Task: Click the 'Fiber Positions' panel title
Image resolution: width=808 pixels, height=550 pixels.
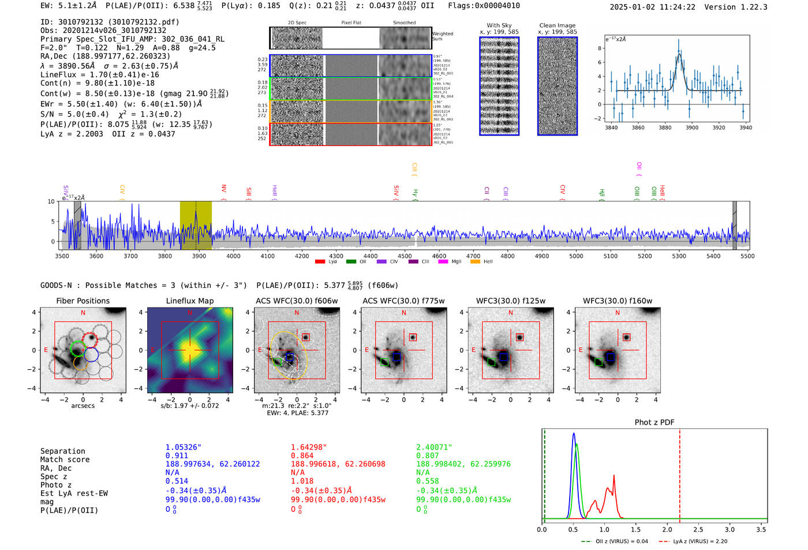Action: [83, 301]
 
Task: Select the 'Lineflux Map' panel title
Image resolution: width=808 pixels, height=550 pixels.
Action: [189, 301]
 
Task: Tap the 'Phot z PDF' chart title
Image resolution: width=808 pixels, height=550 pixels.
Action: [654, 422]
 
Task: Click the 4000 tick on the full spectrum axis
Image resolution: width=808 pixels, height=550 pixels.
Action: [233, 256]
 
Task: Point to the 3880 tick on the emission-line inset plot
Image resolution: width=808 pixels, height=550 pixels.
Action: [665, 128]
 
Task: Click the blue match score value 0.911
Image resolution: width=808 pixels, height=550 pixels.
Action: [177, 456]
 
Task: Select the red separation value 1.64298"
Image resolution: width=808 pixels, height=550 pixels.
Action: [309, 447]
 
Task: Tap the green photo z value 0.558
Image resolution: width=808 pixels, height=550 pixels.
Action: [427, 481]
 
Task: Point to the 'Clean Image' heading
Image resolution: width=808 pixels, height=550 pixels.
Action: [557, 25]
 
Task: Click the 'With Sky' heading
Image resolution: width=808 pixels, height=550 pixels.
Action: [499, 25]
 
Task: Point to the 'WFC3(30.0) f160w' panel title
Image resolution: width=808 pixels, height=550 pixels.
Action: [617, 301]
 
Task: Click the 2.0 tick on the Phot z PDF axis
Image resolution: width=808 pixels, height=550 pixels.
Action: [667, 529]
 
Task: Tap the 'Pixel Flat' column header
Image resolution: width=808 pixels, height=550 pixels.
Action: [351, 23]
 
